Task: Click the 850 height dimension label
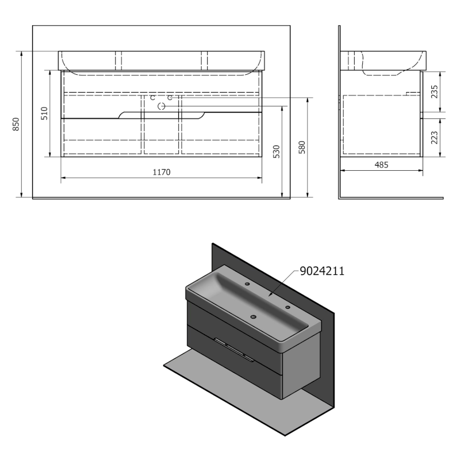click(x=16, y=124)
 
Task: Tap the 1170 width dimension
click(x=161, y=172)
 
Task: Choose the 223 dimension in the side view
click(x=435, y=137)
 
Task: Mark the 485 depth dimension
click(x=381, y=165)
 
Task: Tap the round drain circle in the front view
click(x=162, y=106)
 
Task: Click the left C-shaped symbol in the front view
click(x=152, y=98)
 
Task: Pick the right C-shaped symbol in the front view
click(x=170, y=98)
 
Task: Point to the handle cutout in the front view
click(x=161, y=114)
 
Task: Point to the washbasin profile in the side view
click(x=382, y=62)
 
